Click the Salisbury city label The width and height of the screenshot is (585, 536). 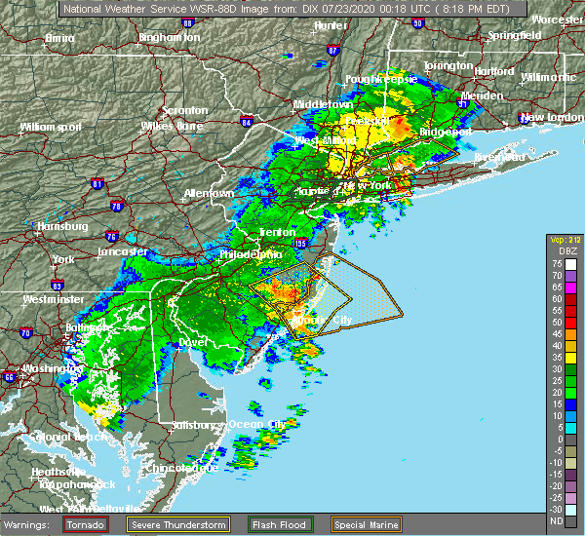click(190, 425)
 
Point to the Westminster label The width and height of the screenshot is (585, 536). click(52, 299)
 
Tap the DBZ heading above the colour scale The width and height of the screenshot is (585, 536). click(564, 249)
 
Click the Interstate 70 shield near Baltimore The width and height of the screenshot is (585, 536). click(26, 333)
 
